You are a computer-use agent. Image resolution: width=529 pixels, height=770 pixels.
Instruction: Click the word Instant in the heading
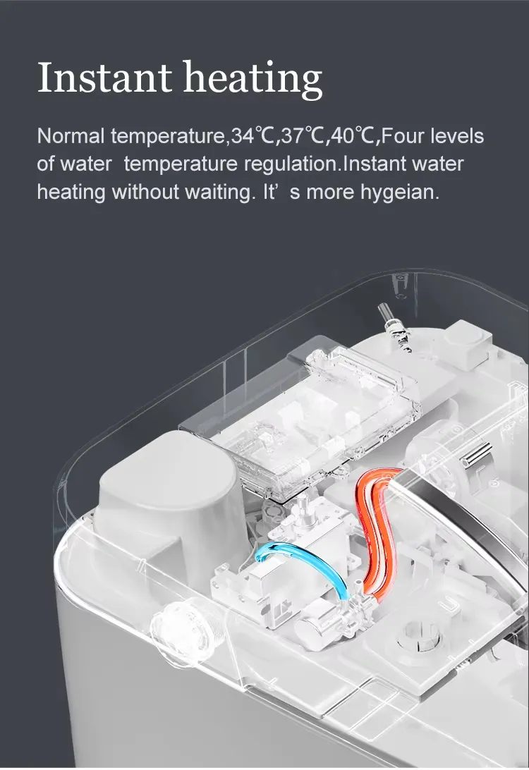click(x=104, y=78)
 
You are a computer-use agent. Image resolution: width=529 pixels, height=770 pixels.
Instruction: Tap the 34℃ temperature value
click(x=252, y=136)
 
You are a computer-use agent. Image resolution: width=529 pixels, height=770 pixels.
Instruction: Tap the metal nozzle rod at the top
click(x=394, y=327)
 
